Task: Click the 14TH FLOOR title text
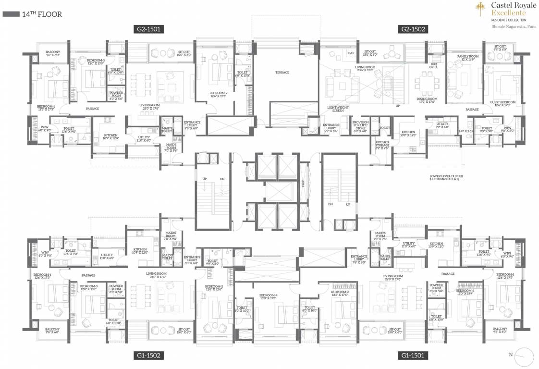42,14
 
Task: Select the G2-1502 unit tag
414,29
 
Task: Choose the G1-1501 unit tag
414,356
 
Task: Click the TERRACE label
282,72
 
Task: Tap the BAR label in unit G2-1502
351,53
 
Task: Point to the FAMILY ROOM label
465,58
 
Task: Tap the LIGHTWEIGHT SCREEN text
338,109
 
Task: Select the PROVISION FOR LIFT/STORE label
360,126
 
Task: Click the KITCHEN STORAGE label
382,144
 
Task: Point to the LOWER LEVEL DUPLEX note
446,177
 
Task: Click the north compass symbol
526,357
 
